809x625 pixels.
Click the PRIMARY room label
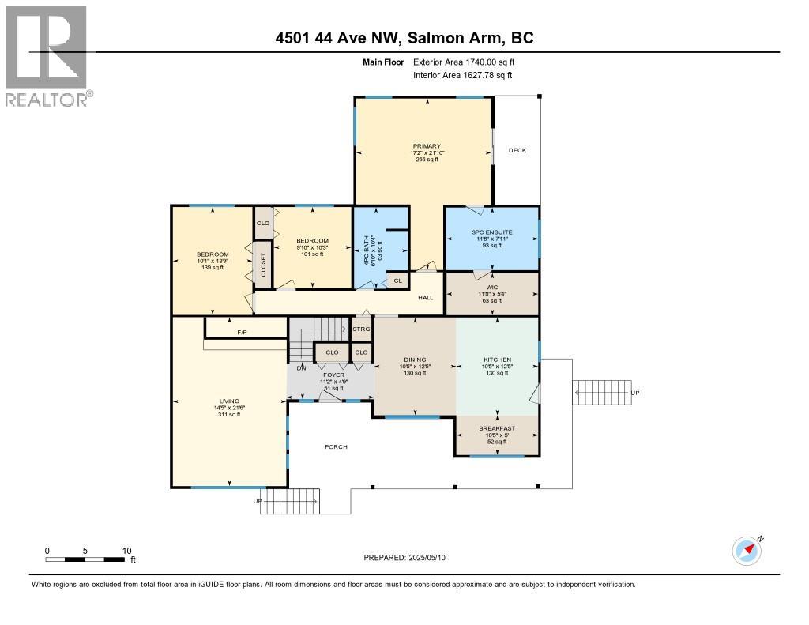(x=426, y=146)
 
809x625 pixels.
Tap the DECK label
(x=517, y=150)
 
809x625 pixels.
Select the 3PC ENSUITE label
(x=492, y=232)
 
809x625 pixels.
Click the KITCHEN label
(x=498, y=360)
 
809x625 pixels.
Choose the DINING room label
(x=415, y=360)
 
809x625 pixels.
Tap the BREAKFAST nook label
(x=496, y=428)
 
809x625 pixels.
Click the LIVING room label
(x=230, y=401)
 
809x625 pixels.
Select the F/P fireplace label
(x=242, y=333)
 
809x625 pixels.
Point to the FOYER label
(x=334, y=375)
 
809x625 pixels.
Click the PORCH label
(x=336, y=447)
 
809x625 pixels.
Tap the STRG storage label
(x=361, y=329)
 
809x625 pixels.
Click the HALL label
(x=426, y=297)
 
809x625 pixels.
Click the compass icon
(x=746, y=551)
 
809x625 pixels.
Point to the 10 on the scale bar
(x=126, y=551)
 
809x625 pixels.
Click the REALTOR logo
(x=47, y=55)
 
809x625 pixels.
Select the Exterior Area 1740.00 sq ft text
(x=466, y=62)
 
